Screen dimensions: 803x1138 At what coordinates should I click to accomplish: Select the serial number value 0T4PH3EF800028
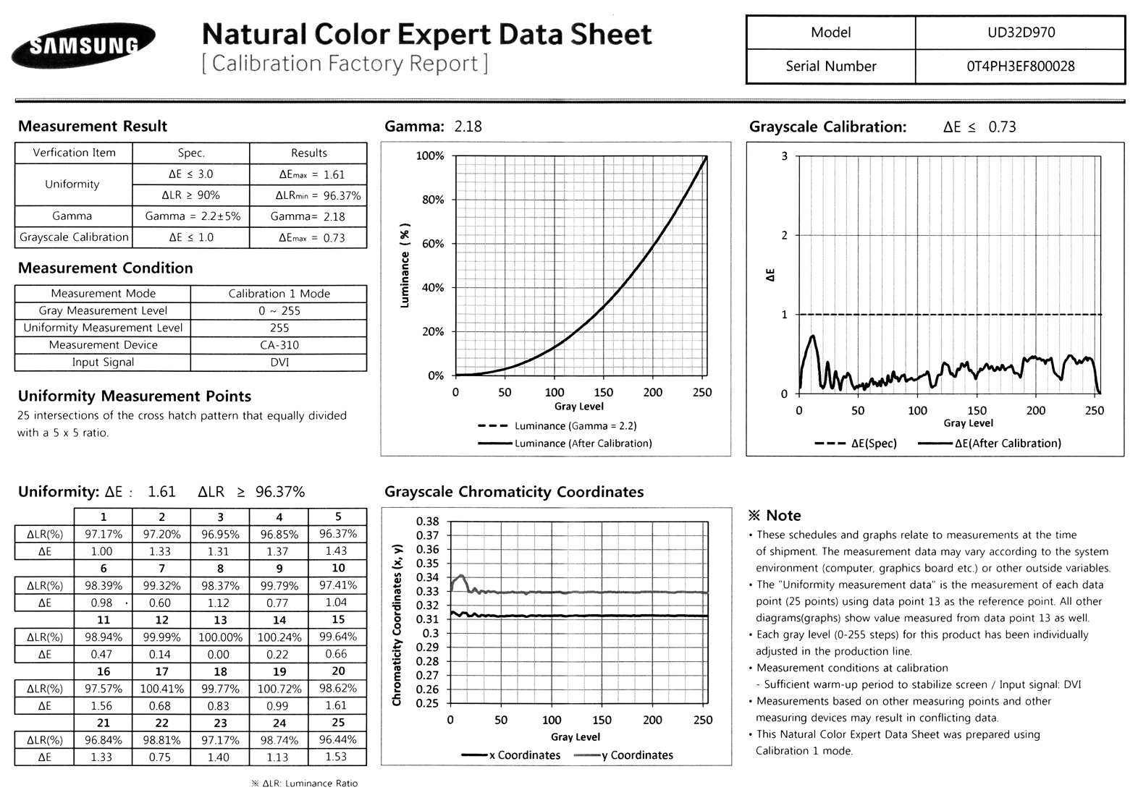pos(1020,67)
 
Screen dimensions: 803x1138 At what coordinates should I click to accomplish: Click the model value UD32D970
pos(1020,33)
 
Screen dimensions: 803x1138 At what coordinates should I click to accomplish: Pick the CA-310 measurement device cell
pos(279,345)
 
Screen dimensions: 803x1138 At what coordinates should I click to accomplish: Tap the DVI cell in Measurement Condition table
pos(279,362)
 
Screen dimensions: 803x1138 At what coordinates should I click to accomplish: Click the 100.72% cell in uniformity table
pos(279,689)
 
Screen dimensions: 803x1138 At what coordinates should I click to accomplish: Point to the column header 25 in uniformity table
pos(337,722)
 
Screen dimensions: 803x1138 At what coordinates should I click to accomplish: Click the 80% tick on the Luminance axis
pos(432,200)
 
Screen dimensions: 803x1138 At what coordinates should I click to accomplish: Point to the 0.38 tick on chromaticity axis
pos(428,522)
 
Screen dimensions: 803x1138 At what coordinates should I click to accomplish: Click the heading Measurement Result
pos(93,127)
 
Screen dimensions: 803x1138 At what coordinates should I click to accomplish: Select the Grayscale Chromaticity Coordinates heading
pos(514,492)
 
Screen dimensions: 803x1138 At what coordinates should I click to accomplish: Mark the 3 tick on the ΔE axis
pos(784,156)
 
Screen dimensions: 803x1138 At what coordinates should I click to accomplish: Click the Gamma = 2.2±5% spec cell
pos(192,216)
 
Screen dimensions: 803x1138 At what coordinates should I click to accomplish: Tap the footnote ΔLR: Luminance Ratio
pos(304,783)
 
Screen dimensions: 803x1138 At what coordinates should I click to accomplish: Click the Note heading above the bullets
pos(775,516)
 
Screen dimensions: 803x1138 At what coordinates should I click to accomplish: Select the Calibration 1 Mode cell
pos(279,294)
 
